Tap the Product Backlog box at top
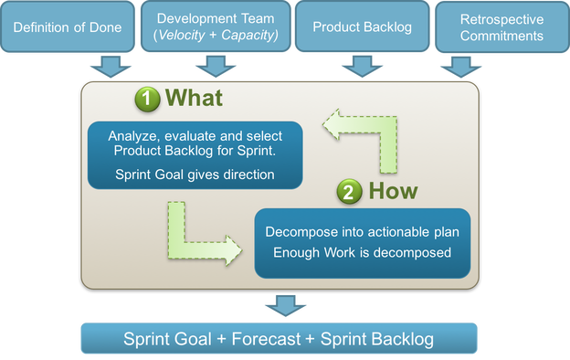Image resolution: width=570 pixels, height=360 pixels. point(362,27)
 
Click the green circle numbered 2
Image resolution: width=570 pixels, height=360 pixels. point(349,192)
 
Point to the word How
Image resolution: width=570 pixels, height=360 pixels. point(392,191)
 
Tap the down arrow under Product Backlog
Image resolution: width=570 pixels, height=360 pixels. point(362,67)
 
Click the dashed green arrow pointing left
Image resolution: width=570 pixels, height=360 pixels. point(365,137)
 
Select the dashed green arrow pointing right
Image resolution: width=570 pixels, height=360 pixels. point(201,238)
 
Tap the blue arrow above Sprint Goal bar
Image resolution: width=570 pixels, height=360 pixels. point(280,305)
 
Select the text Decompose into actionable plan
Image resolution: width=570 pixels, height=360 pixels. point(362,230)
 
